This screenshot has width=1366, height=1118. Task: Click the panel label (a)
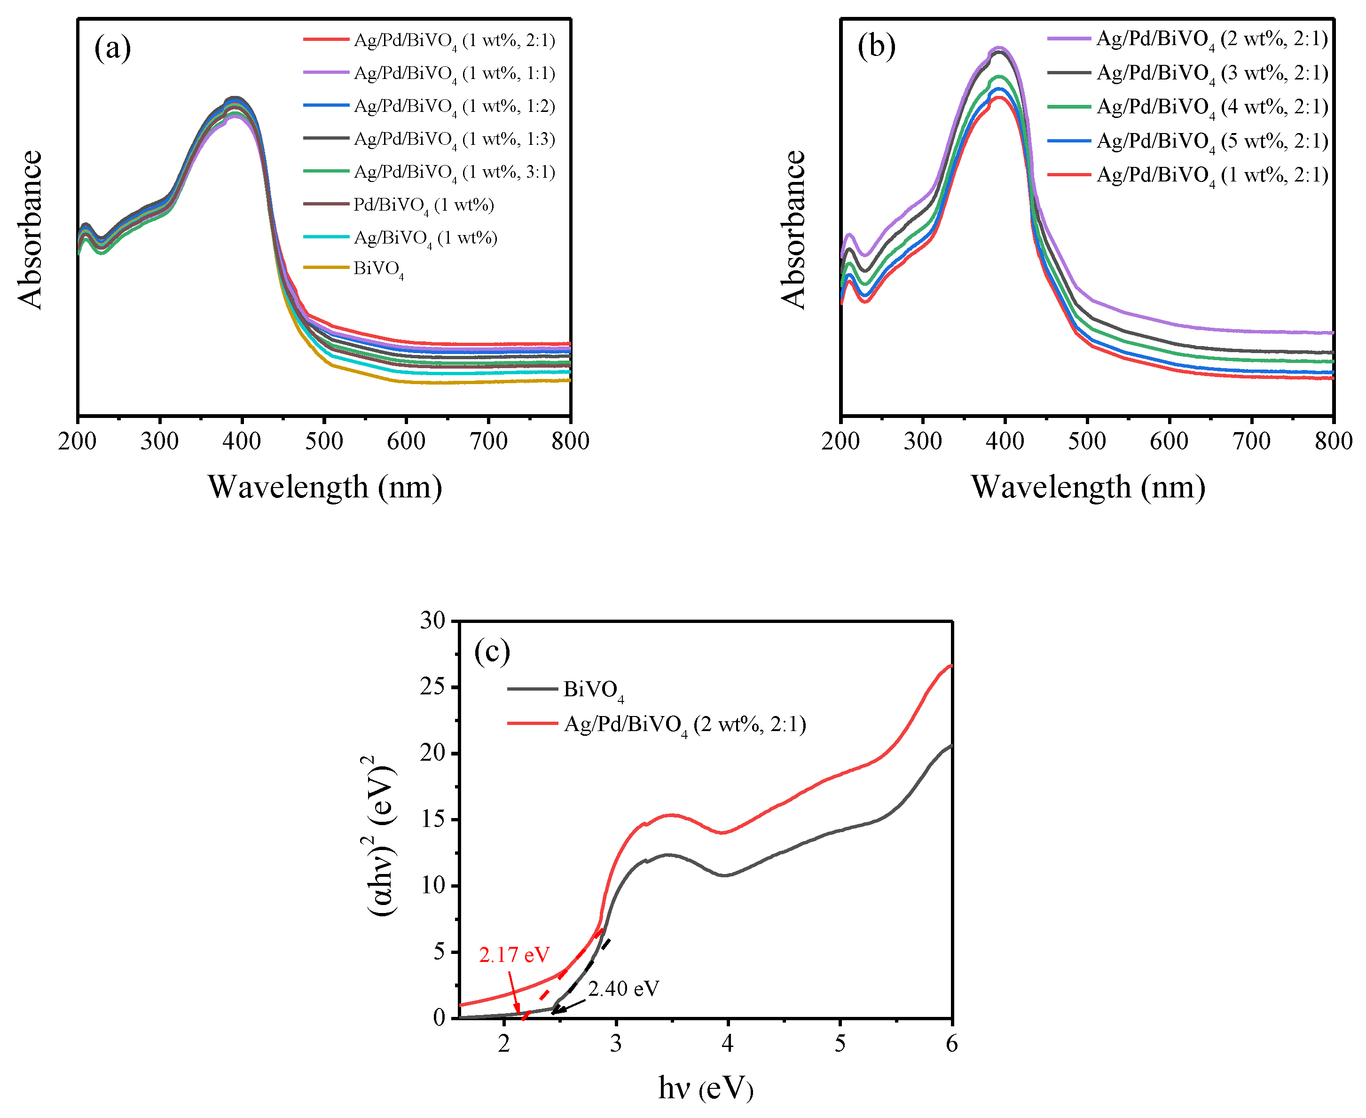point(113,48)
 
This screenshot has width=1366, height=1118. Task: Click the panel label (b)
point(876,47)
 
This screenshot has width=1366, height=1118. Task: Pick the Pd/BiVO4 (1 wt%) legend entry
point(424,205)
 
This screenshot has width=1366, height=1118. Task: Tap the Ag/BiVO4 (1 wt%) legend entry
point(425,238)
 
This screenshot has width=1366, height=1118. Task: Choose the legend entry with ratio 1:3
point(454,139)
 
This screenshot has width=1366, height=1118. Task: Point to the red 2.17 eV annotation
point(514,954)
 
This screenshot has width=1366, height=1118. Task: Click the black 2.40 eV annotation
point(623,989)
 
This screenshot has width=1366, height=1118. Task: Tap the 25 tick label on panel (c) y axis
point(432,687)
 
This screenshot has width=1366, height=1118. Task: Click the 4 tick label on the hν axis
point(727,1043)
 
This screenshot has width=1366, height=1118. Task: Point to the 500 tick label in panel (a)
point(324,442)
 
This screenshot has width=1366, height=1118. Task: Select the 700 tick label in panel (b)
point(1251,442)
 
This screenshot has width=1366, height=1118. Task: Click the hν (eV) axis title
point(706,1088)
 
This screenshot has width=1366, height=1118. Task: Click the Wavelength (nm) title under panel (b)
point(1087,487)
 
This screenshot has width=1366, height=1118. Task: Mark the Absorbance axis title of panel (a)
point(30,229)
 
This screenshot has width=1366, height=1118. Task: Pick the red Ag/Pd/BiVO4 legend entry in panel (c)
point(684,724)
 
